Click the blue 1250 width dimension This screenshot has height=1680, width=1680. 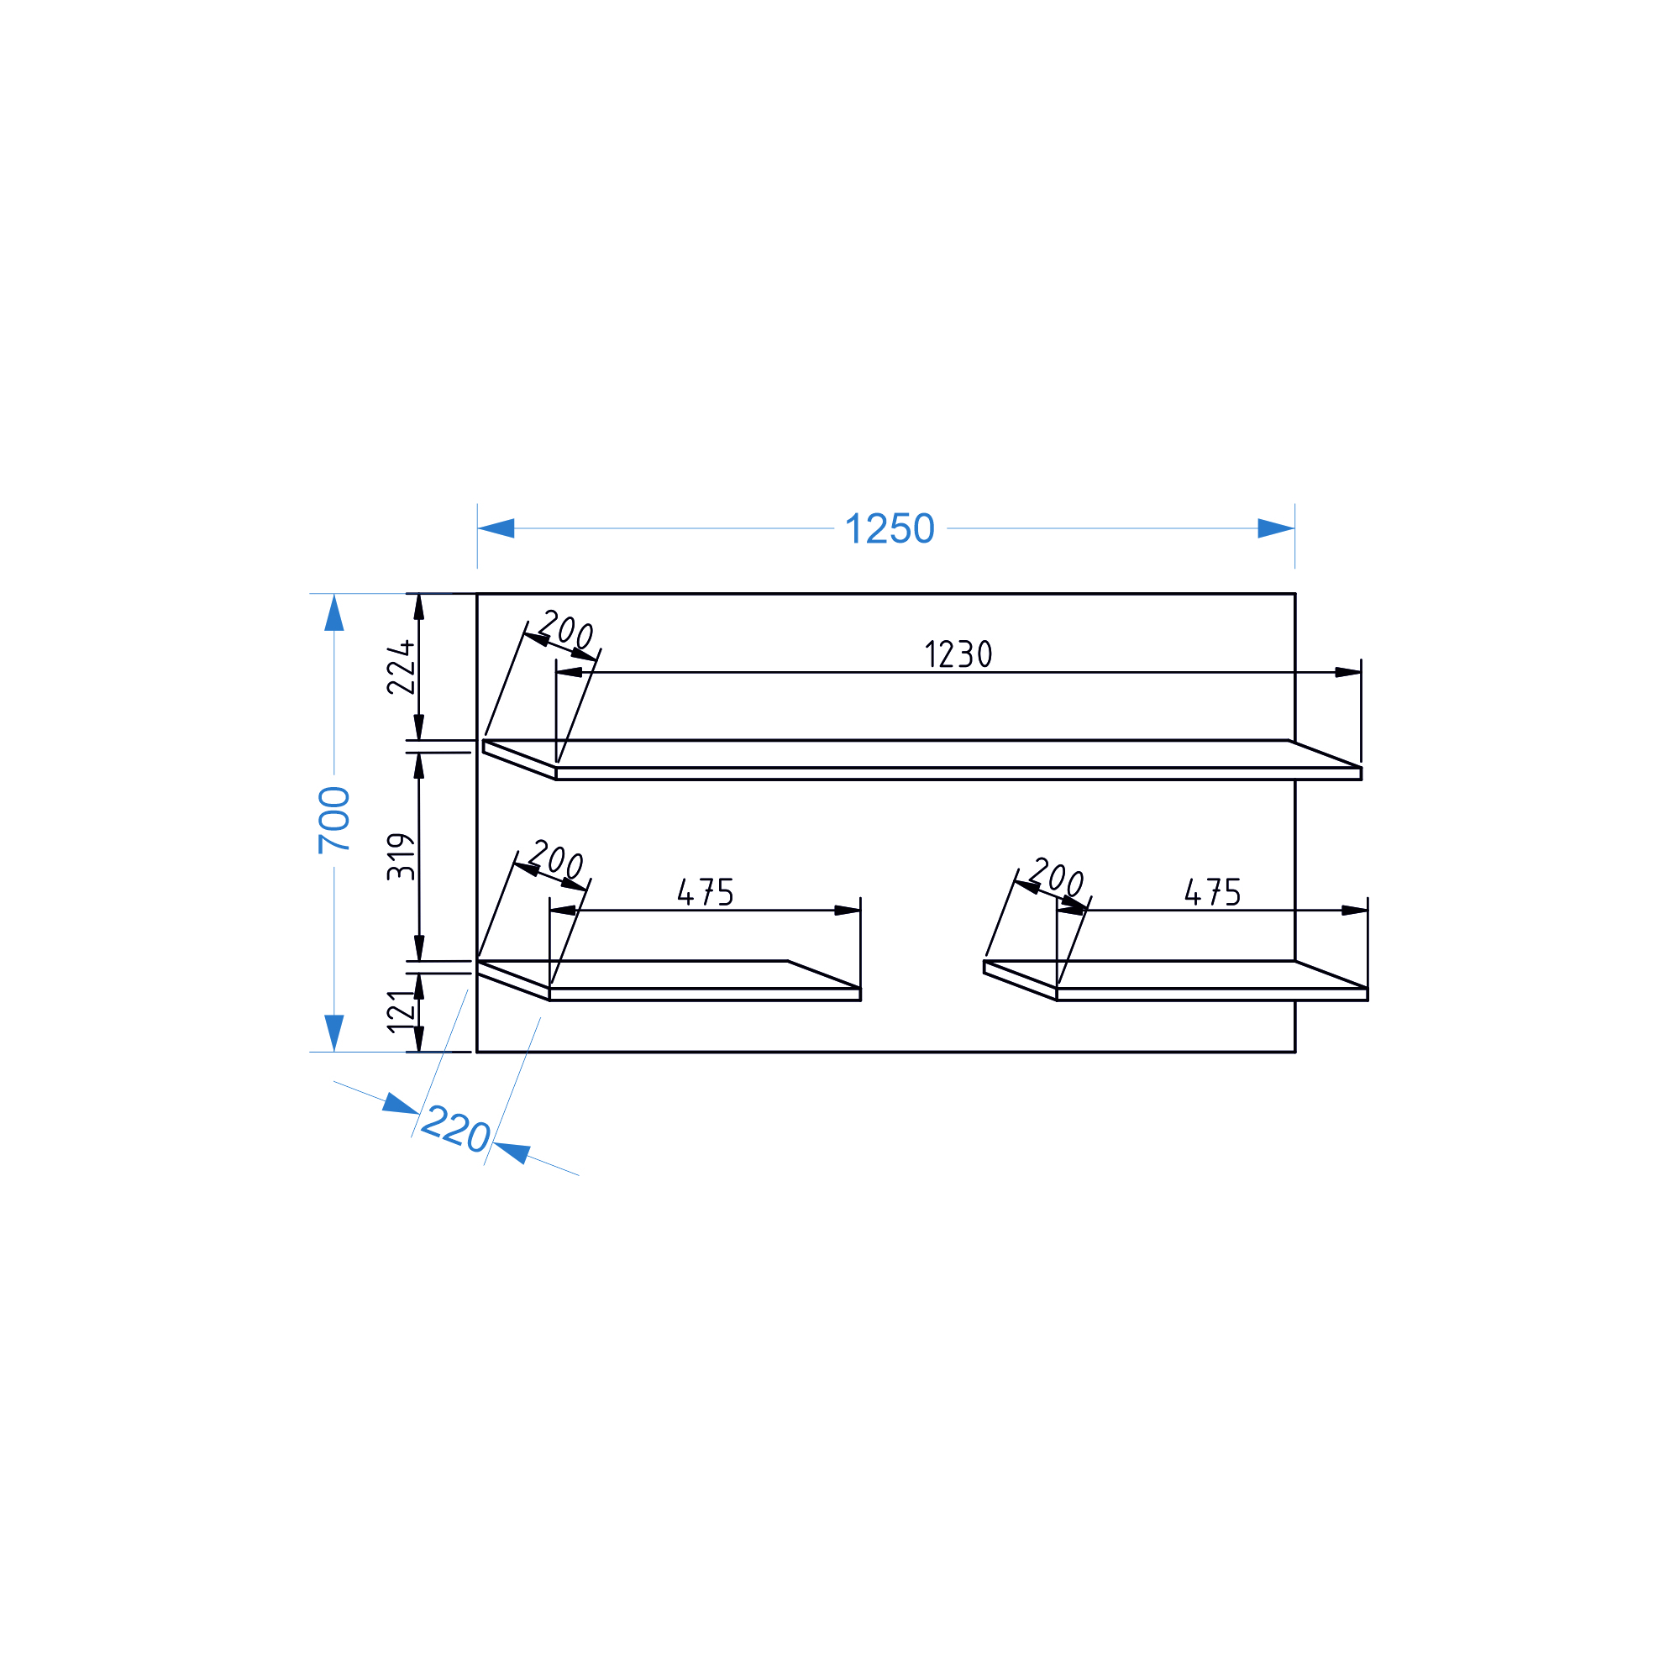tap(890, 528)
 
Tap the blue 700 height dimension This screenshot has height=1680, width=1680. tap(334, 820)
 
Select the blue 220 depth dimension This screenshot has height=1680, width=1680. tap(456, 1130)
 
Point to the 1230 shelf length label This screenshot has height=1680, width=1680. tap(958, 654)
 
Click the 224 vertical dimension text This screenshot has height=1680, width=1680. tap(401, 668)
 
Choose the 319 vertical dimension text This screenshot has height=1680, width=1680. tap(401, 857)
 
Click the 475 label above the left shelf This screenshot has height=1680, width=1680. tap(706, 892)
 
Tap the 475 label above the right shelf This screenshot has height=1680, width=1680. tap(1213, 892)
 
